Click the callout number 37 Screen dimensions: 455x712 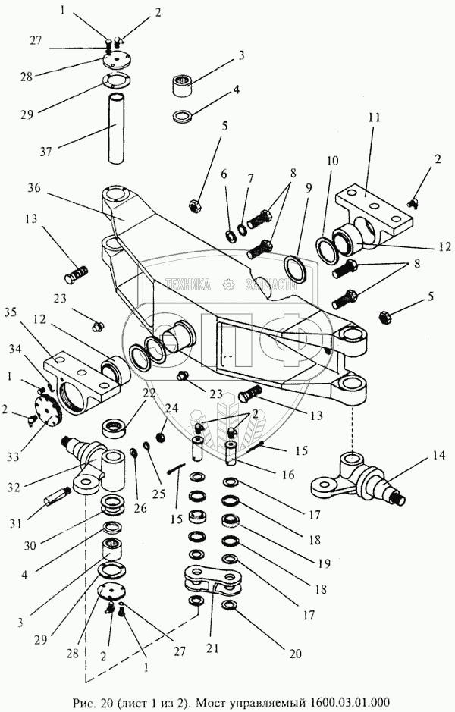[45, 151]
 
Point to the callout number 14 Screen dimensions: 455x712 [439, 455]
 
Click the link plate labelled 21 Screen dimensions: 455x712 [213, 579]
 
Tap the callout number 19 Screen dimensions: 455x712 [325, 563]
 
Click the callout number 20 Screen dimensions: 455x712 [295, 654]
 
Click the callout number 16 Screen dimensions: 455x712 [287, 475]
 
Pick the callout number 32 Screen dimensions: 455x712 [14, 487]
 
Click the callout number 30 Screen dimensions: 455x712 [30, 545]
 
